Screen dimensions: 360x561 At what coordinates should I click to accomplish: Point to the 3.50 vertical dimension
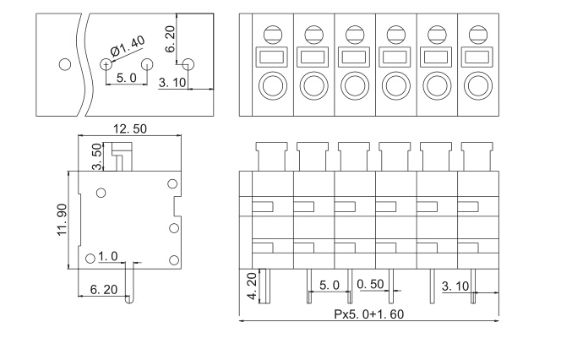[x=97, y=156]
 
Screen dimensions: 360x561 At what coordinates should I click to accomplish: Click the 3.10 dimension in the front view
[x=455, y=286]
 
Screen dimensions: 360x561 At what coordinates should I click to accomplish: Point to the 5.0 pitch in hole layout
[x=126, y=78]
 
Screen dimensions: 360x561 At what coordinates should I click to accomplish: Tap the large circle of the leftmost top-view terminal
[x=272, y=85]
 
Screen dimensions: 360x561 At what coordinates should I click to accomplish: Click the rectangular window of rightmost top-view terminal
[x=477, y=57]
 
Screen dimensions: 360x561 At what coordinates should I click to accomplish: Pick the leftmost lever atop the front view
[x=272, y=155]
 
